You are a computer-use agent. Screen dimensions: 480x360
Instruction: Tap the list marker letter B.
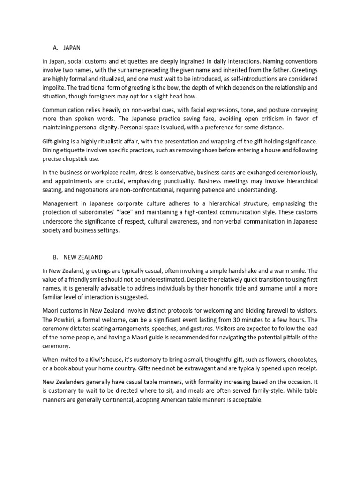(x=55, y=257)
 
